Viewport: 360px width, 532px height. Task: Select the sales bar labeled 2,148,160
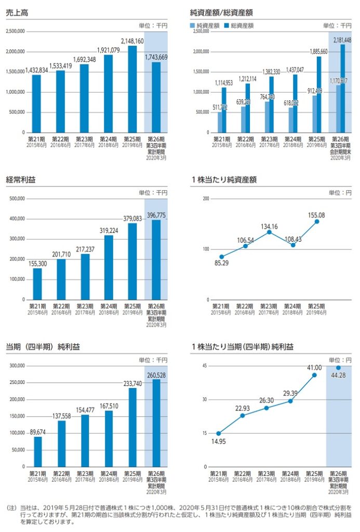[132, 89]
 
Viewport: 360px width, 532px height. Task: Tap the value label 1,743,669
[156, 57]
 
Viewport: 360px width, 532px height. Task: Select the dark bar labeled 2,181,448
[342, 88]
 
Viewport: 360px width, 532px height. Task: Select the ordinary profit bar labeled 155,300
[36, 284]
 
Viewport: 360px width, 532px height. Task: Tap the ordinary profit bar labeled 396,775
[156, 260]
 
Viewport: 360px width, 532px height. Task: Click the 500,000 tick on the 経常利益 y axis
[17, 198]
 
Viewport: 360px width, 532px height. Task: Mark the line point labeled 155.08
[317, 221]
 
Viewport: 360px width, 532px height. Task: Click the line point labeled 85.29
[221, 257]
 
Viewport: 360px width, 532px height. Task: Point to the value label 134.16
[269, 226]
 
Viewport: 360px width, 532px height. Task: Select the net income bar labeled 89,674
[36, 451]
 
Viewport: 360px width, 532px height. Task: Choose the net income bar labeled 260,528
[156, 423]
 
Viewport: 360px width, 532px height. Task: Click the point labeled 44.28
[338, 367]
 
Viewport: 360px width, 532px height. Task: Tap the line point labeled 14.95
[219, 433]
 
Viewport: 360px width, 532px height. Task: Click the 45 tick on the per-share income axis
[205, 366]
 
